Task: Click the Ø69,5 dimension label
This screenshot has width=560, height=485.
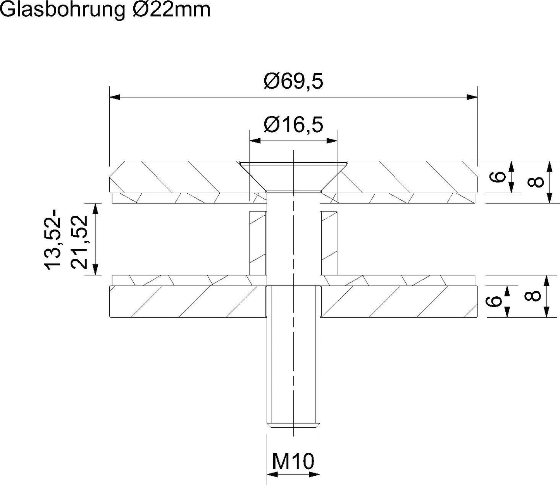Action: (293, 82)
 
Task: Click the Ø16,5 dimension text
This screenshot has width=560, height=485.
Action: (293, 125)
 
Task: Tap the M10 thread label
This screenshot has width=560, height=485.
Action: (293, 461)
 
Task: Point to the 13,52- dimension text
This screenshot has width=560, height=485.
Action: (53, 239)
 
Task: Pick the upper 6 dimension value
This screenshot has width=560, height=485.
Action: (499, 177)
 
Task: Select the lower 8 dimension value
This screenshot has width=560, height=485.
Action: (532, 296)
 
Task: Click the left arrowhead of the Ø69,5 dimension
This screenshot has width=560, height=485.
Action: (115, 97)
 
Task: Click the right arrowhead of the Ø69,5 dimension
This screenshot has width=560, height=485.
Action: (472, 97)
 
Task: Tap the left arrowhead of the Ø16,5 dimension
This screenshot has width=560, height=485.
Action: (255, 141)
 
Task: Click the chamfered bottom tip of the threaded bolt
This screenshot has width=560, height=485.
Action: (293, 425)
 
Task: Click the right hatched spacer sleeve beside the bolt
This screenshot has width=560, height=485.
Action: (329, 242)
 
